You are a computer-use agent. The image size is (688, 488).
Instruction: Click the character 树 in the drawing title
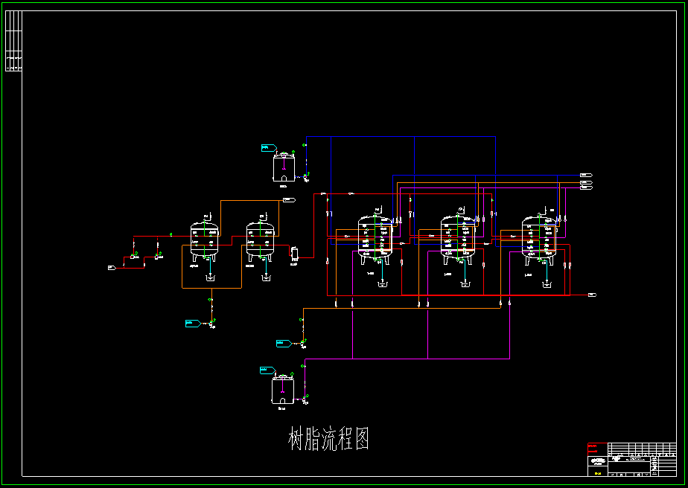[298, 439]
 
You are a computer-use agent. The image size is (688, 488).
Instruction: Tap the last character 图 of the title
[360, 439]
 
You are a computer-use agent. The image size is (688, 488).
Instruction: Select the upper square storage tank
[284, 167]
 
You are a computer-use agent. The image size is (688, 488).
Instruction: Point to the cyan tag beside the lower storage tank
[266, 370]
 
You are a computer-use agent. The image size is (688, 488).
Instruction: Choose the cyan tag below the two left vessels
[192, 323]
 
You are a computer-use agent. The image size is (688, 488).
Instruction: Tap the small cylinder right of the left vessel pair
[294, 253]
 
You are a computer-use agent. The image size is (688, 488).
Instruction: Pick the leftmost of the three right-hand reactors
[375, 238]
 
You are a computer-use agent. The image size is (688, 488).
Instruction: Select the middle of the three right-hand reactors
[457, 238]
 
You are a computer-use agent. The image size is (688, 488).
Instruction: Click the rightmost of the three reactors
[539, 238]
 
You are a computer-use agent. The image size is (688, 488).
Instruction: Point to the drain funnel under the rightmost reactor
[547, 283]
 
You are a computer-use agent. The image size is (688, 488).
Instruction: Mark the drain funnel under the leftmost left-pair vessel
[210, 278]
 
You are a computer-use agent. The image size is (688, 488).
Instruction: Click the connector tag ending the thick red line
[592, 295]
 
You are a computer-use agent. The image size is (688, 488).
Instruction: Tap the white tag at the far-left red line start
[111, 267]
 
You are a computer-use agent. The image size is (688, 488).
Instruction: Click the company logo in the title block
[597, 460]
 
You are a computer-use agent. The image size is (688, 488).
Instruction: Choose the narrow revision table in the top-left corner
[13, 41]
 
